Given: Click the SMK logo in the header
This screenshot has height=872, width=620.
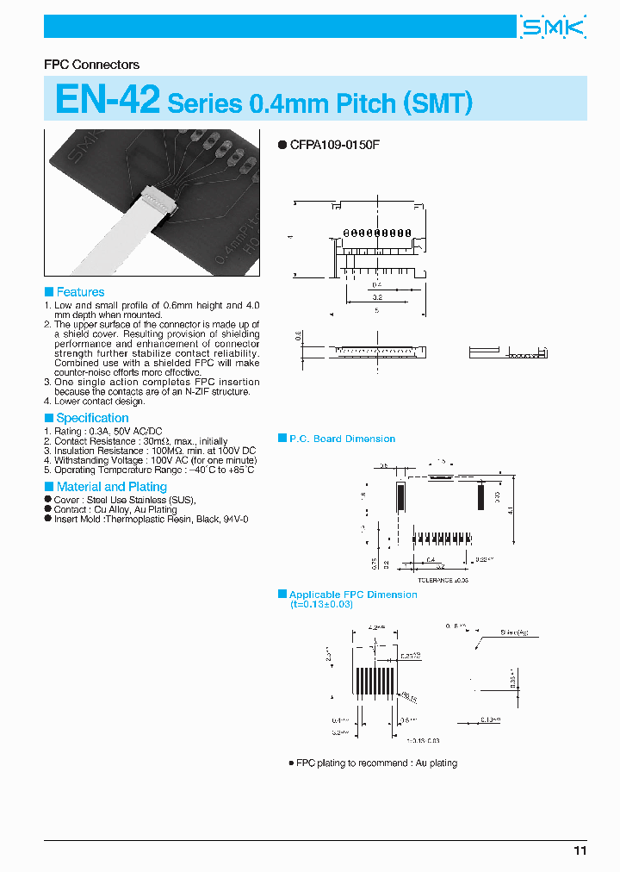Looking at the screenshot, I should pyautogui.click(x=553, y=28).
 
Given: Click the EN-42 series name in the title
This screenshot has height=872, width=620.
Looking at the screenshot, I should pyautogui.click(x=107, y=100).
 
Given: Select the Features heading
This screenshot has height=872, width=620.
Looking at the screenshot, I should pyautogui.click(x=80, y=292).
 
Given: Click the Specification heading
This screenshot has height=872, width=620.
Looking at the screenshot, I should pyautogui.click(x=92, y=418).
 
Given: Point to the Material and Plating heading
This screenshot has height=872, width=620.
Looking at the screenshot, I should pyautogui.click(x=111, y=487).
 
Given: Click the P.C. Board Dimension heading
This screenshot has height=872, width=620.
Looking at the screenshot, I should pyautogui.click(x=342, y=439).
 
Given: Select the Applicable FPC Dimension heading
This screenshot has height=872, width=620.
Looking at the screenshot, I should pyautogui.click(x=353, y=595).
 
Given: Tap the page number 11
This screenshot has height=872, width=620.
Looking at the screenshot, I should pyautogui.click(x=580, y=850).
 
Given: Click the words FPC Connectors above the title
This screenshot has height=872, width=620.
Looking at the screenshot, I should pyautogui.click(x=91, y=65).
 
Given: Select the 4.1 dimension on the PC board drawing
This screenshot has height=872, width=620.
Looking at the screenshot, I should pyautogui.click(x=511, y=511).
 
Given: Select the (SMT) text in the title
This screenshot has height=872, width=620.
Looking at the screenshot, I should pyautogui.click(x=437, y=103).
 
